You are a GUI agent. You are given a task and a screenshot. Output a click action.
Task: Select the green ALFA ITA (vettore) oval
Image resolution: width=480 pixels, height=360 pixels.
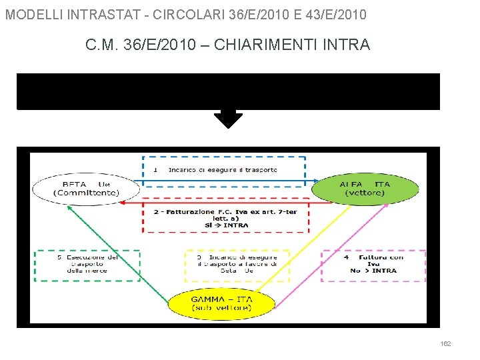pyautogui.click(x=368, y=188)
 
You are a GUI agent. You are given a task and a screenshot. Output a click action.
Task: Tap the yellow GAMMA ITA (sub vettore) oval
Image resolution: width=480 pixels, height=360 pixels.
pyautogui.click(x=221, y=303)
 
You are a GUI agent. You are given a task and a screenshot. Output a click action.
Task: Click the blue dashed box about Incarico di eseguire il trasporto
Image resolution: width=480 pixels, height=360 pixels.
pyautogui.click(x=223, y=170)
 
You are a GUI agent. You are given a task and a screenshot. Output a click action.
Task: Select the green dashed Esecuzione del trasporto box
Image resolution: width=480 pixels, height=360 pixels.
pyautogui.click(x=87, y=265)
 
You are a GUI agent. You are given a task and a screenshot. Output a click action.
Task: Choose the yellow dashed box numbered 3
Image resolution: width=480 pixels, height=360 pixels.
pyautogui.click(x=236, y=265)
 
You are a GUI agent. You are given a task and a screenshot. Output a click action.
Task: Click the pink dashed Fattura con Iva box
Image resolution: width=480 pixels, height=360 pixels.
pyautogui.click(x=373, y=265)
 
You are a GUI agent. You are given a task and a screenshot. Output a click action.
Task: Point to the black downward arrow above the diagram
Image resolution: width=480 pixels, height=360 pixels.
pyautogui.click(x=228, y=119)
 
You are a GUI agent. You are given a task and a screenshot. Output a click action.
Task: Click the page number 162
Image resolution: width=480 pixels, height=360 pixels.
pyautogui.click(x=445, y=344)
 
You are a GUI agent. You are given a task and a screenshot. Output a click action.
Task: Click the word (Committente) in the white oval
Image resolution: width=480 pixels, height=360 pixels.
pyautogui.click(x=86, y=193)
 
